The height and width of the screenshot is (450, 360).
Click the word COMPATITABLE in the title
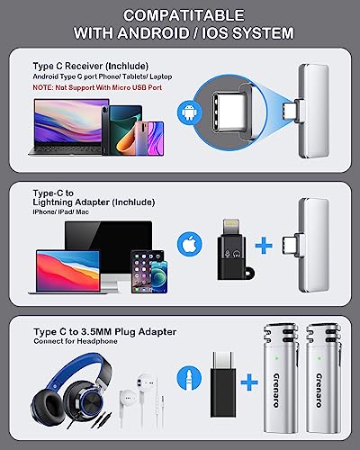point(180,15)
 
